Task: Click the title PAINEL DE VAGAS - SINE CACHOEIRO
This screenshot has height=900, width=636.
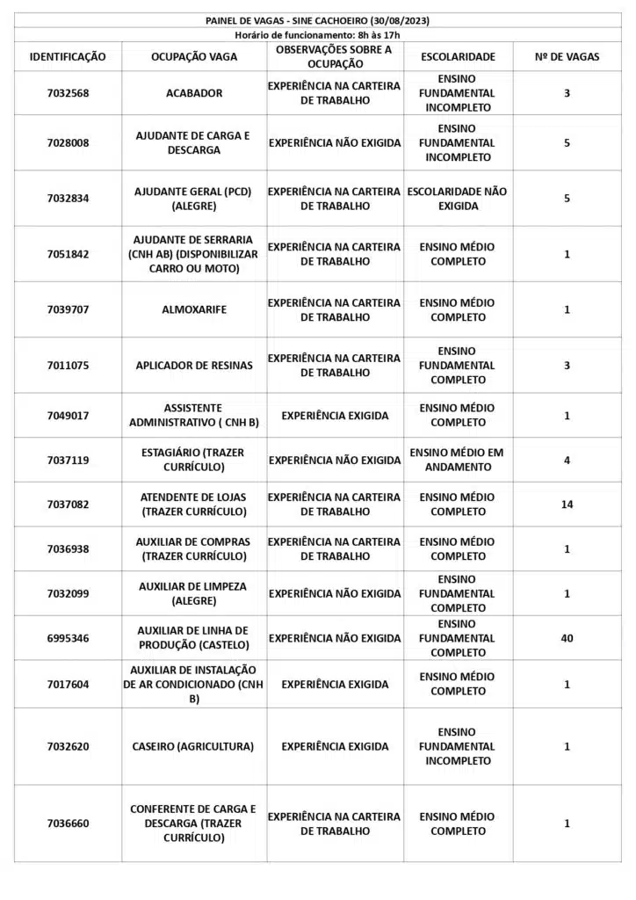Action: [317, 20]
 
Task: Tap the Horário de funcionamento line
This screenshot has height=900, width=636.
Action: [317, 34]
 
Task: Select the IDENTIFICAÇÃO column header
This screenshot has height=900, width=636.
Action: [68, 56]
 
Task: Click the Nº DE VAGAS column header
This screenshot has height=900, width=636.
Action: [567, 56]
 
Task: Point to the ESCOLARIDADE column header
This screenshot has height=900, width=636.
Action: [458, 56]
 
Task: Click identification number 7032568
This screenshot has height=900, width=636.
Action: [68, 93]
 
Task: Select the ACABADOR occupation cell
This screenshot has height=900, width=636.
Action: [193, 93]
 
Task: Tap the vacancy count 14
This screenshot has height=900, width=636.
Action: [567, 504]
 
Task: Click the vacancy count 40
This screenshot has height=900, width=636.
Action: [567, 638]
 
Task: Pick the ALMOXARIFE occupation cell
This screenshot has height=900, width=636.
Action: [193, 309]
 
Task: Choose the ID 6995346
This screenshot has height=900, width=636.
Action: [68, 638]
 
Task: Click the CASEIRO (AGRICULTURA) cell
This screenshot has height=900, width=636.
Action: [193, 746]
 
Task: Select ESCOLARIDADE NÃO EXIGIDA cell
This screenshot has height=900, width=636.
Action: [458, 198]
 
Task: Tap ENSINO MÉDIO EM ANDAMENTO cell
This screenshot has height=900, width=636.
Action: [458, 460]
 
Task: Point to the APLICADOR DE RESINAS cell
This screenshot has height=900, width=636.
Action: [193, 365]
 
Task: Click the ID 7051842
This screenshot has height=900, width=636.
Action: [68, 254]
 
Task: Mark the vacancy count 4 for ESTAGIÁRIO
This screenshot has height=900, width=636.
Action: [567, 460]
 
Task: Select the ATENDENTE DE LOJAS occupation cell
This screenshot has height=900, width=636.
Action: [193, 504]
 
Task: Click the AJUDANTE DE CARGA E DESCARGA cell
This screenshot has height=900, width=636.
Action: [193, 142]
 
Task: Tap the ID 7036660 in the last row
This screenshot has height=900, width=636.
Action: [68, 824]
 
